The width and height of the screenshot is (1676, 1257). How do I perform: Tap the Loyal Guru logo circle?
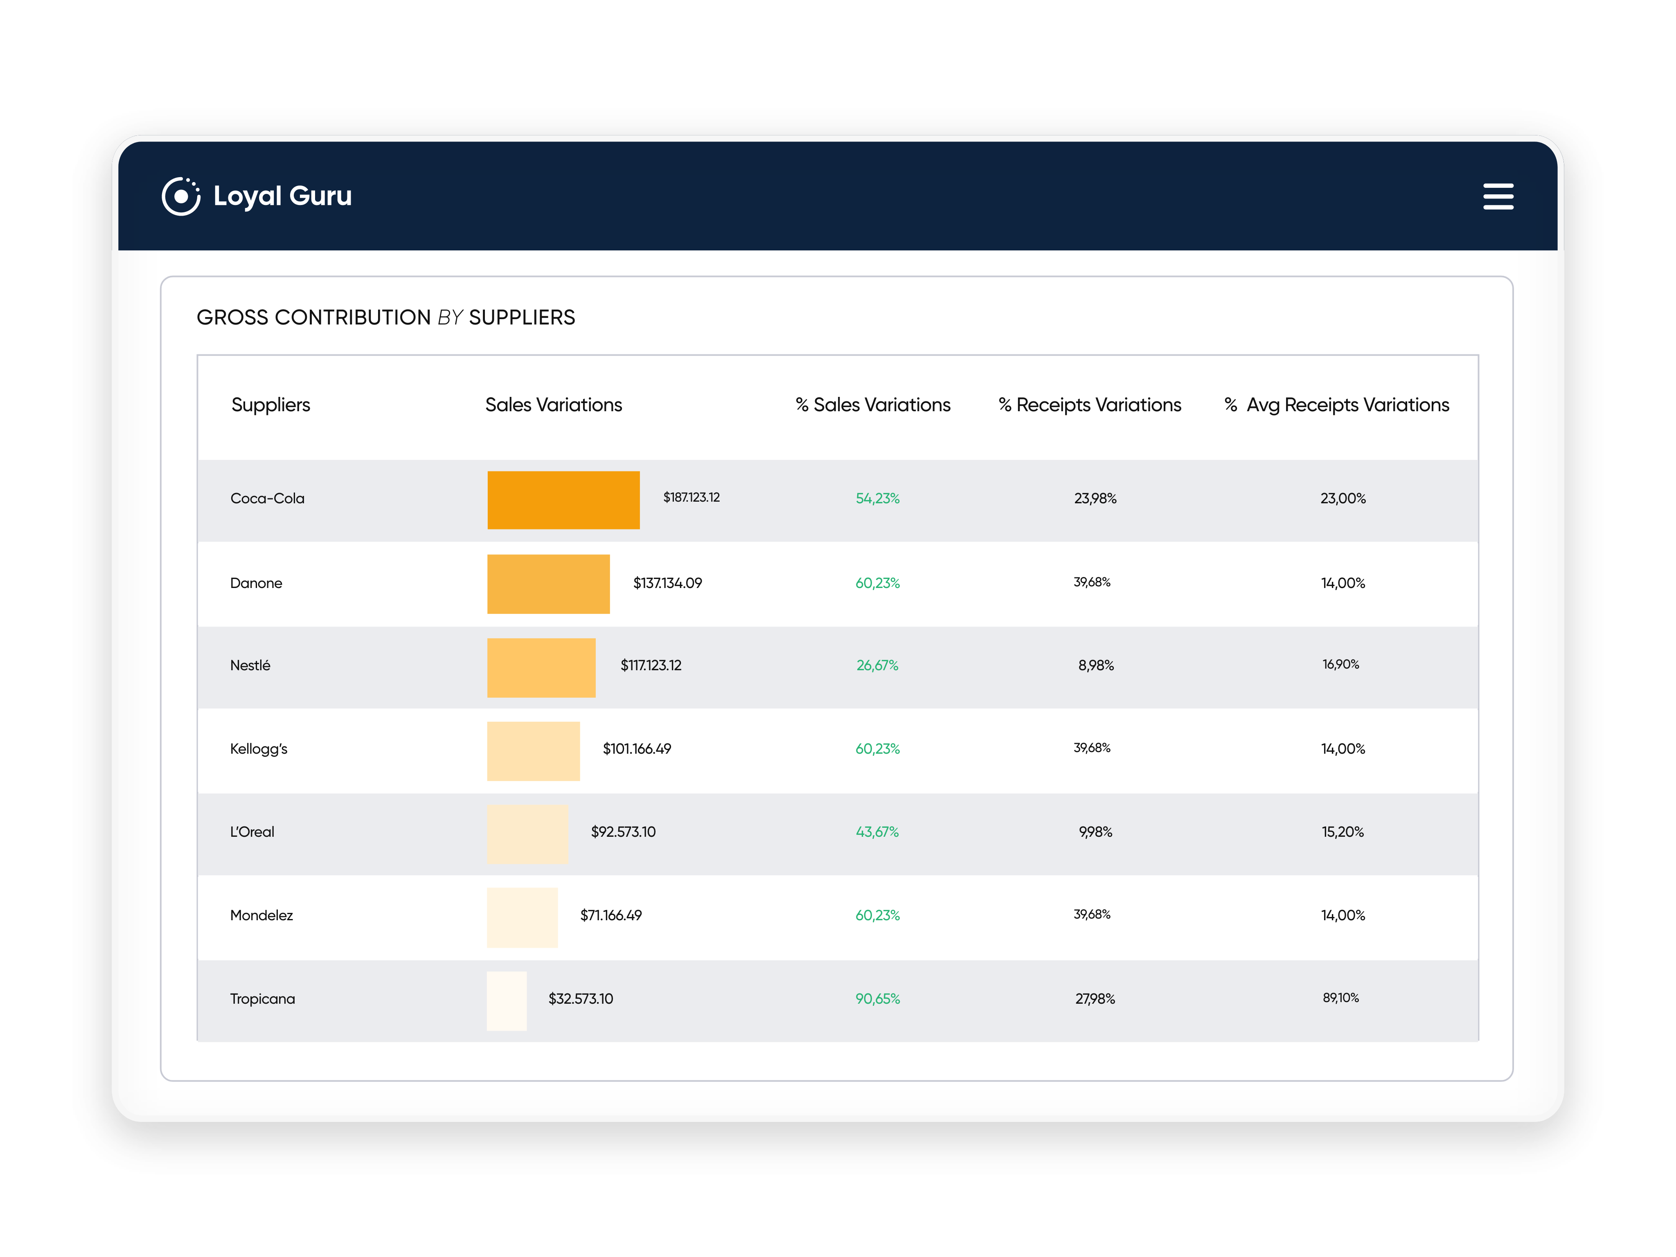181,197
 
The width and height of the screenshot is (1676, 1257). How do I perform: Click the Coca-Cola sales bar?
563,500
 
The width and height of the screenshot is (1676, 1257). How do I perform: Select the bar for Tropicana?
506,1000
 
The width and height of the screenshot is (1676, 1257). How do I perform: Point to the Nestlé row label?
250,665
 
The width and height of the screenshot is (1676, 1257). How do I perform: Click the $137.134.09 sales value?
667,583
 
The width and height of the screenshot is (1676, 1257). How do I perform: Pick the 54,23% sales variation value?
877,498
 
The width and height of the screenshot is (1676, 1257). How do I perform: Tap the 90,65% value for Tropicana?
877,999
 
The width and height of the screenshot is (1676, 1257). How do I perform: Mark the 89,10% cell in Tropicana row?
1340,998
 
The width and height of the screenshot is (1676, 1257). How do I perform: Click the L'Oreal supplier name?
252,832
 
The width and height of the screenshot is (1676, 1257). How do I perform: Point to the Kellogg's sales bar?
533,751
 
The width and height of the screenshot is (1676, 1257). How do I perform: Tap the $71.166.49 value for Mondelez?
610,915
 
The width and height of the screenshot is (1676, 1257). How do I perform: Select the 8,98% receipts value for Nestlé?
1096,665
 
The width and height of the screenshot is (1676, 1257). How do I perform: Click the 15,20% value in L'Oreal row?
1343,832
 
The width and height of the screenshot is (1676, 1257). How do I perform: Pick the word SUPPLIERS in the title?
522,318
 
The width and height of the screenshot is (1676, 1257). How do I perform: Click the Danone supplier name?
256,583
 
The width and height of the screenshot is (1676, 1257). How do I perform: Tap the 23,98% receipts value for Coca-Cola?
1095,498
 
